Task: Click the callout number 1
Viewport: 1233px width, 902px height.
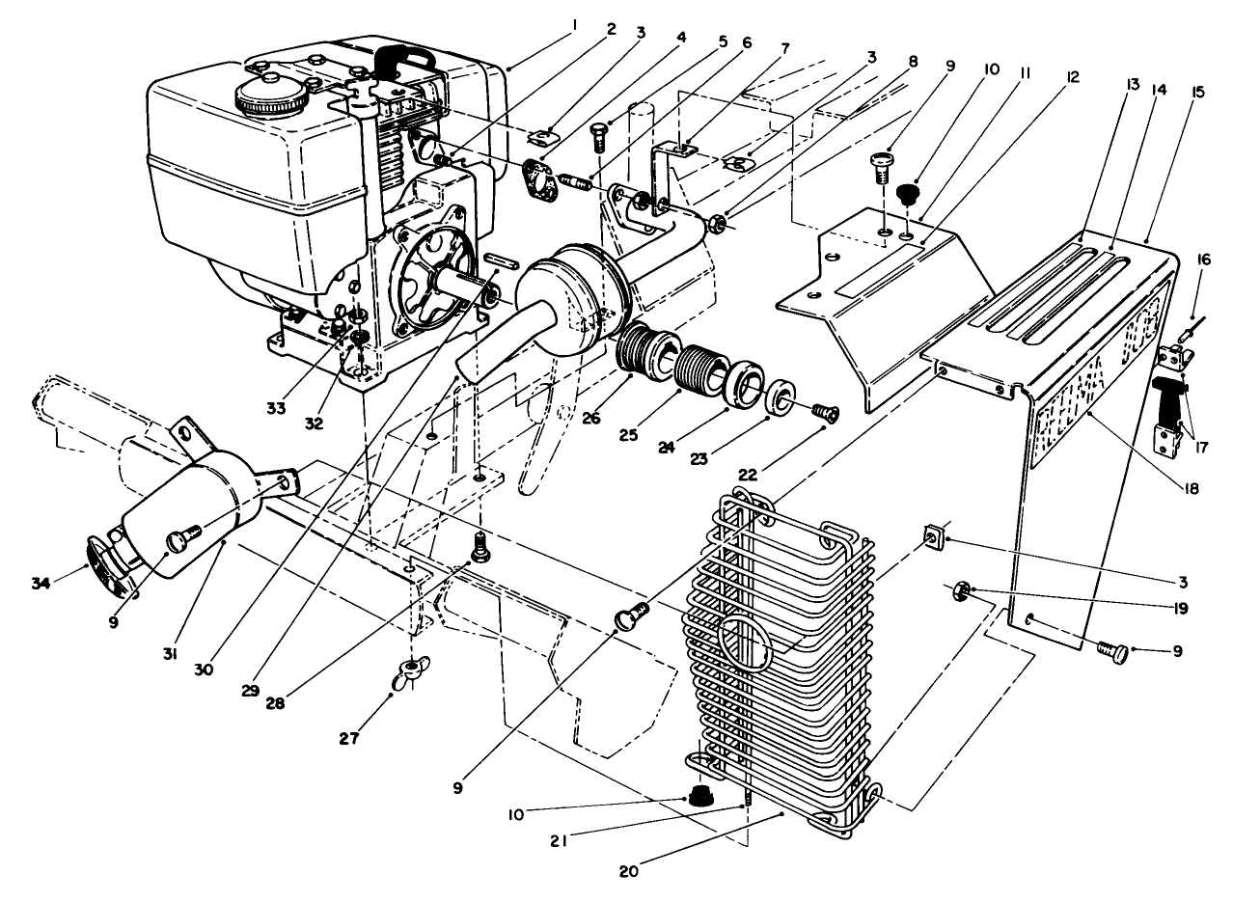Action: click(571, 20)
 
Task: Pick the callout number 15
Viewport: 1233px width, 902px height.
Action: click(1196, 92)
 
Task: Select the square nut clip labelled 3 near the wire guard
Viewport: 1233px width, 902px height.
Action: click(934, 533)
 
